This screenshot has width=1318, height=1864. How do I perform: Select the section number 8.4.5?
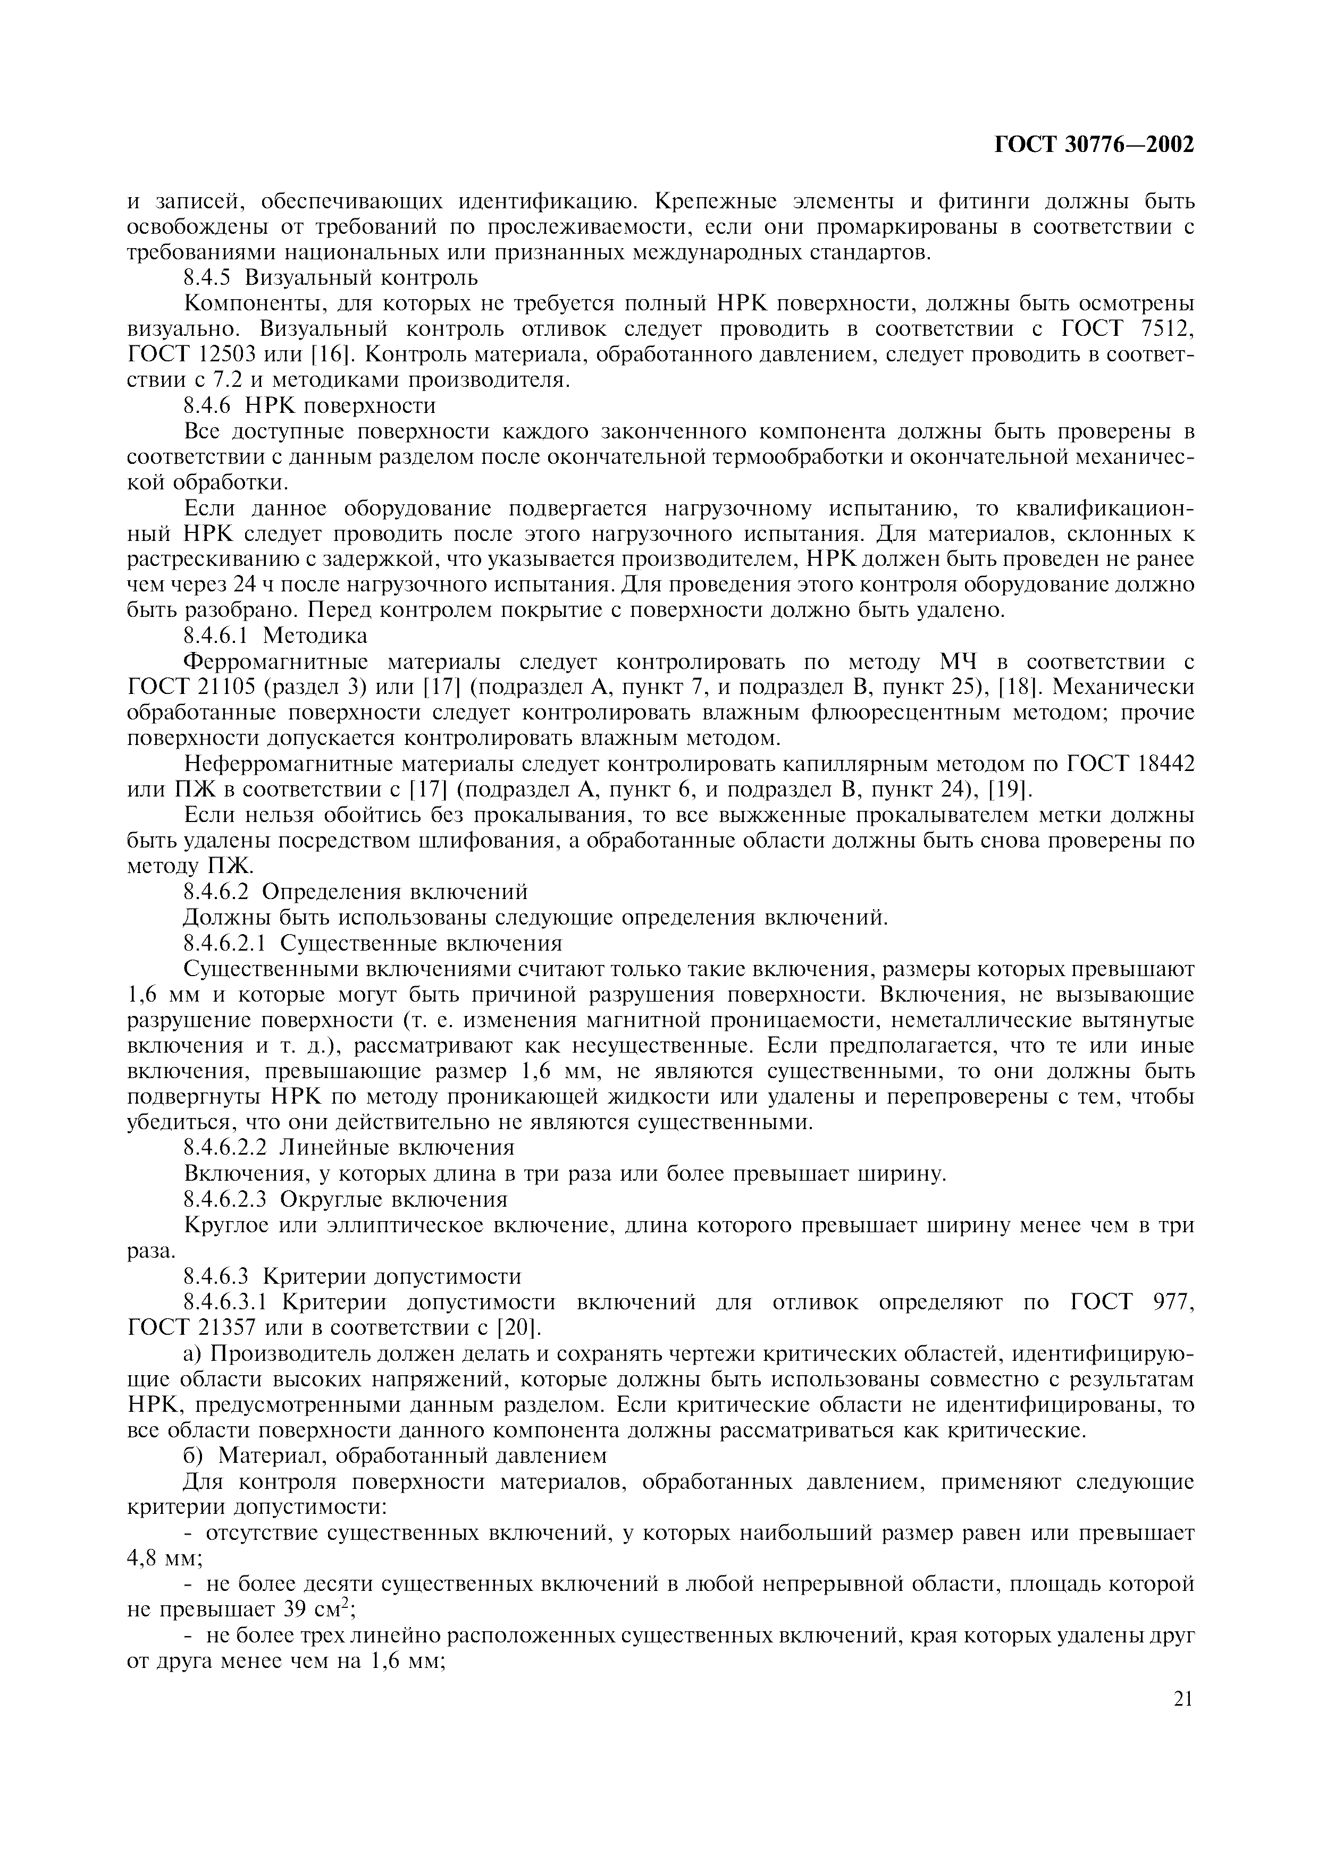(x=209, y=278)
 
